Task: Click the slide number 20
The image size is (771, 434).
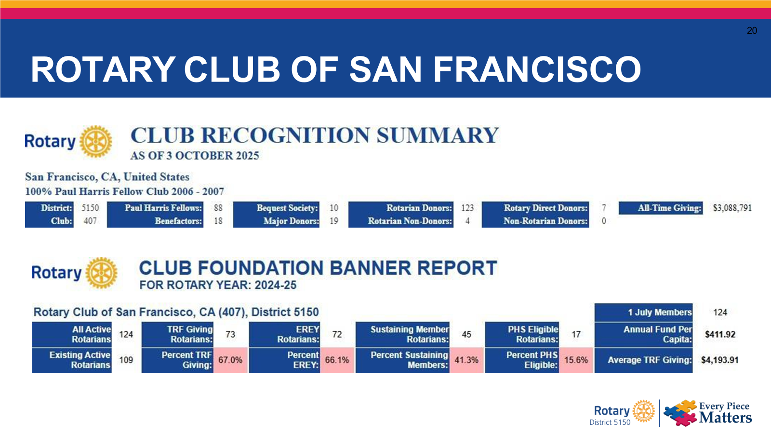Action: point(752,30)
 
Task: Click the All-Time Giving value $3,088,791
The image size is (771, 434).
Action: point(732,208)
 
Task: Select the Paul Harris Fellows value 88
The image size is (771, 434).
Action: point(218,208)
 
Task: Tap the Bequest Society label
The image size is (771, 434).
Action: point(287,208)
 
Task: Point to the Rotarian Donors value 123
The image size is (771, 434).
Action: point(467,208)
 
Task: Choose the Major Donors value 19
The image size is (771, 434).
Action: point(334,221)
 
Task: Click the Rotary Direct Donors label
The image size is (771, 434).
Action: point(545,208)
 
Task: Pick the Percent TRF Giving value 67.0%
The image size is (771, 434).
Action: point(230,360)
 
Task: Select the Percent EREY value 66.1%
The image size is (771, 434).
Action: point(337,360)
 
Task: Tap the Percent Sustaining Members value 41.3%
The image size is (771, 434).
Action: point(466,360)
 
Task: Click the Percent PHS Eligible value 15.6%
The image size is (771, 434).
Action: point(576,360)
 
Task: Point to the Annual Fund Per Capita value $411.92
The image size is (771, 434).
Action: point(720,334)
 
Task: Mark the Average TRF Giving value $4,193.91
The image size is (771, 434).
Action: point(719,360)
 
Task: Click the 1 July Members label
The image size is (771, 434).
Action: point(659,312)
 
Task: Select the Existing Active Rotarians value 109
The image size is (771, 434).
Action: point(126,360)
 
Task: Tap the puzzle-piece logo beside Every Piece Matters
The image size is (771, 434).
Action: point(680,412)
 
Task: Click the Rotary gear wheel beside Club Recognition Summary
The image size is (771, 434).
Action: point(95,141)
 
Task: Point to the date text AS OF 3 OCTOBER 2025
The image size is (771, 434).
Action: point(195,156)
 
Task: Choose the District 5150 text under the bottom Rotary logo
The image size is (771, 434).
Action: point(610,422)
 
